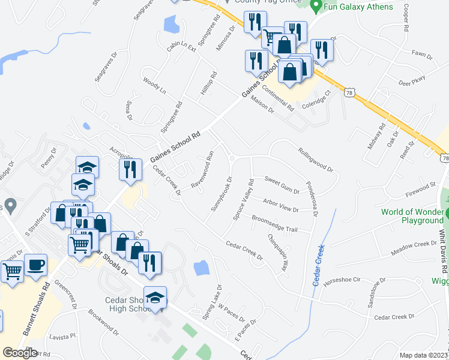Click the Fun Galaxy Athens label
pos(359,7)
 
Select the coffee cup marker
pos(36,265)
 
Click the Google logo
pos(20,353)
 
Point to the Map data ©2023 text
pos(424,355)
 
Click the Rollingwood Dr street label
pos(315,159)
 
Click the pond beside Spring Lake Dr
pos(202,268)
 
